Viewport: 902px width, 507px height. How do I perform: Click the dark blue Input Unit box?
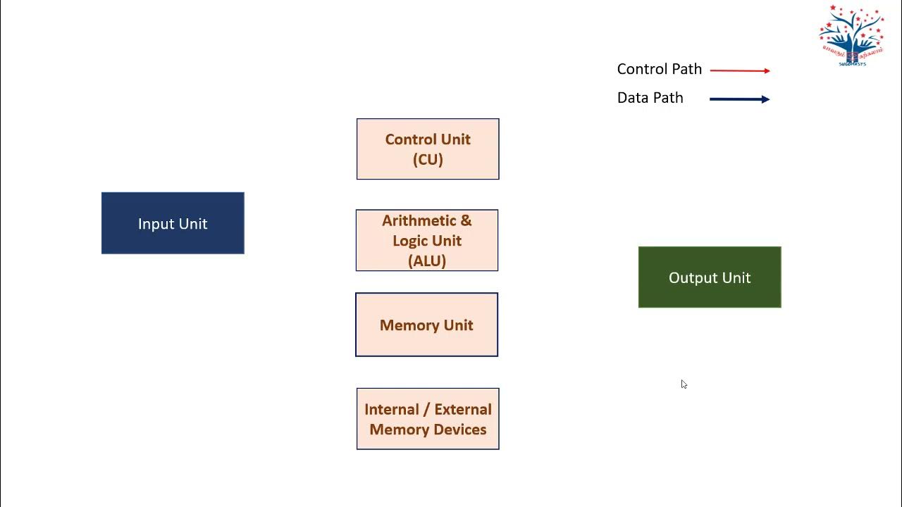click(x=173, y=223)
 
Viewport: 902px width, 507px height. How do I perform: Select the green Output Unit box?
click(x=710, y=277)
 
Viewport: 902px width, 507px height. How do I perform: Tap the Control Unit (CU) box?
click(x=428, y=149)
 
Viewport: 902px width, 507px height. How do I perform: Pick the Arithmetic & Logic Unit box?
click(x=427, y=240)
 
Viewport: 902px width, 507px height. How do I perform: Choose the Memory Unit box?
click(x=426, y=325)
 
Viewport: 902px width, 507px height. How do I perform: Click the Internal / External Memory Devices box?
click(x=428, y=419)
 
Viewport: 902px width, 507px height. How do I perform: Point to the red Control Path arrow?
click(x=740, y=70)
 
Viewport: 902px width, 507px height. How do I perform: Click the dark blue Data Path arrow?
click(x=740, y=99)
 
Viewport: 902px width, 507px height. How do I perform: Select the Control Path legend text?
click(x=660, y=69)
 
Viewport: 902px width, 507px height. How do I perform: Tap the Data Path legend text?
click(x=650, y=98)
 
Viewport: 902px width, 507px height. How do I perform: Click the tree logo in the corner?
click(x=851, y=35)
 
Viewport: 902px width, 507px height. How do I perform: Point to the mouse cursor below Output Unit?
click(x=684, y=384)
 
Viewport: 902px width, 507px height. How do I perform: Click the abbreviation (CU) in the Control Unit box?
click(x=428, y=160)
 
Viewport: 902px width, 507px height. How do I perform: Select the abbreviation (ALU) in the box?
click(x=427, y=261)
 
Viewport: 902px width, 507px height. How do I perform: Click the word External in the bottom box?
click(x=463, y=409)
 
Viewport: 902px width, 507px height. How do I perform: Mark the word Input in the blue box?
click(x=154, y=224)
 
